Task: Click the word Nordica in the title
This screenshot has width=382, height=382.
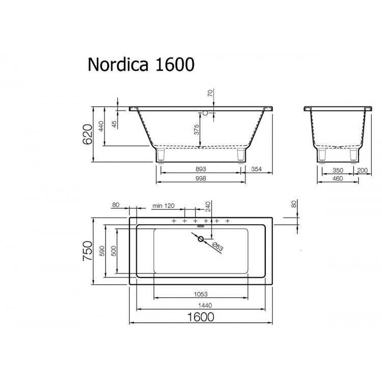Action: (117, 65)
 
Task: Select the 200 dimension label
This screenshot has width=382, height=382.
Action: (363, 170)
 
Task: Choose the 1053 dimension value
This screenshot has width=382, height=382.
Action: (201, 294)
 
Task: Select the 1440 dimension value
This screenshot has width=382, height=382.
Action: (201, 305)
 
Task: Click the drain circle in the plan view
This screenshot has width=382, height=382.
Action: (200, 238)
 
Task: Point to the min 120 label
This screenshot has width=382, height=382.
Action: (163, 205)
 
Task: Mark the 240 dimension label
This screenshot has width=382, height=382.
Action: (207, 206)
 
